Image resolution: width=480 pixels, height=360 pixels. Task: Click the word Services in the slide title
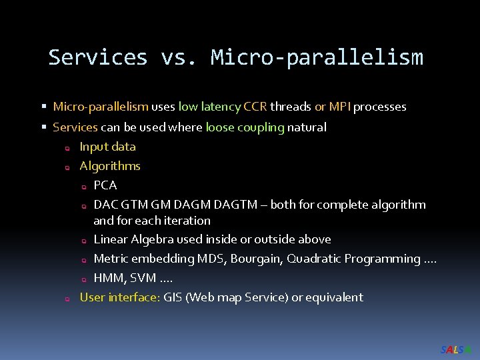click(x=97, y=57)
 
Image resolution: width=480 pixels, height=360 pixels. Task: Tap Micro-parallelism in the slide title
click(x=317, y=57)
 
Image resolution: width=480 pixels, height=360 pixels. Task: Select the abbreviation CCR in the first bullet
click(x=256, y=107)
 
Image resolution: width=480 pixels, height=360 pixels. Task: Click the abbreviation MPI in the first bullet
click(x=340, y=107)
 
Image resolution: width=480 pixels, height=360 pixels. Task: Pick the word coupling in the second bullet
click(x=261, y=127)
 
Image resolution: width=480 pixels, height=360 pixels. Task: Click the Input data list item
click(x=107, y=147)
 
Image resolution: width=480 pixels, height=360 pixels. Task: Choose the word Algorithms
click(x=110, y=166)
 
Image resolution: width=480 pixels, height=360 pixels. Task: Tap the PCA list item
click(x=105, y=185)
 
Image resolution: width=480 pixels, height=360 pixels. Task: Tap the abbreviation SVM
click(x=143, y=278)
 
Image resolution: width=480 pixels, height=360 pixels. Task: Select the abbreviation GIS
click(x=173, y=297)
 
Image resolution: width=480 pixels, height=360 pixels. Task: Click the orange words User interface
click(x=120, y=297)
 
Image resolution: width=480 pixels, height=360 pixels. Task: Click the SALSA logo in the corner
click(x=456, y=349)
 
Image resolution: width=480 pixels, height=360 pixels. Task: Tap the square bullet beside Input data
click(x=67, y=148)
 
